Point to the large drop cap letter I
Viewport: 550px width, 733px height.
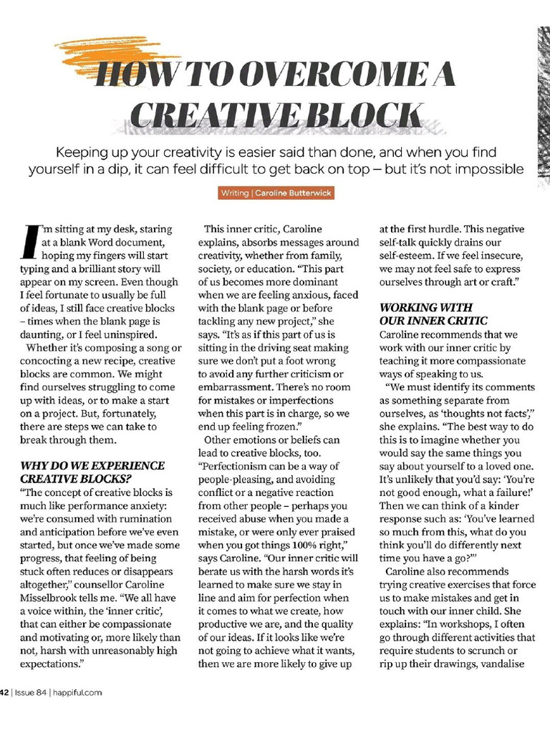(29, 241)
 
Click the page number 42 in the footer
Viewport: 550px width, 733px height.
(4, 692)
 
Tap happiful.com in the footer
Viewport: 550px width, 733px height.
(77, 692)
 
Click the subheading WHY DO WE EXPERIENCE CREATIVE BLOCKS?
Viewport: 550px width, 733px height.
(92, 472)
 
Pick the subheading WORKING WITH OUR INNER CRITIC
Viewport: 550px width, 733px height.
(434, 314)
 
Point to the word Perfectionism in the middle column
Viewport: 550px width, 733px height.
(241, 466)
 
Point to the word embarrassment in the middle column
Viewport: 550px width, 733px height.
(233, 387)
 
